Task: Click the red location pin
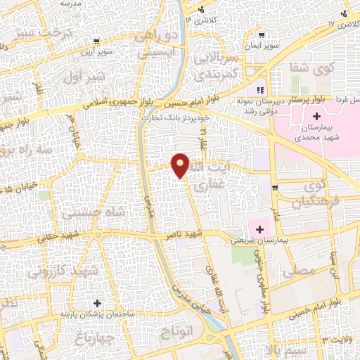click(181, 165)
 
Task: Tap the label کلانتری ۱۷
click(340, 25)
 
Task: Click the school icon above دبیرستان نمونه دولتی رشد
click(259, 90)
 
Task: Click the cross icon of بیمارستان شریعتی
click(260, 229)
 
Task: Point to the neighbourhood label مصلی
click(297, 270)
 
